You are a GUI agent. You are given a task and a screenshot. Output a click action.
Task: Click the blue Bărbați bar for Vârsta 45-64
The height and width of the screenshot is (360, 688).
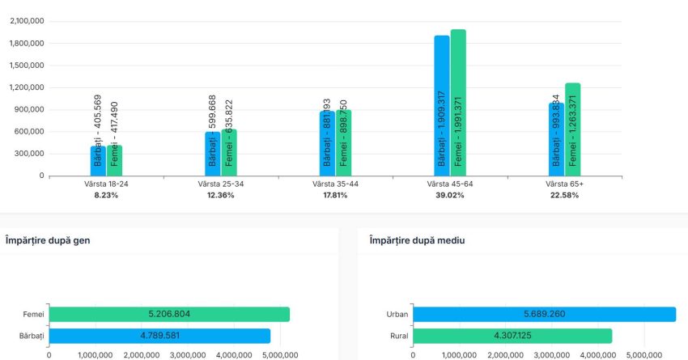coord(441,105)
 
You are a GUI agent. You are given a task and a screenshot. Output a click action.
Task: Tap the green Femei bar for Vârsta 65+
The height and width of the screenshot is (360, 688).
coord(572,129)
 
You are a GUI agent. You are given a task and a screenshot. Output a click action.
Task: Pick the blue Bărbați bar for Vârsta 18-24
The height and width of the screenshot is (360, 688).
coord(98,160)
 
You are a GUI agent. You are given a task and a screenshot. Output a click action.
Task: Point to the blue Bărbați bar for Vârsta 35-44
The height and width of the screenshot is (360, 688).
coord(327,143)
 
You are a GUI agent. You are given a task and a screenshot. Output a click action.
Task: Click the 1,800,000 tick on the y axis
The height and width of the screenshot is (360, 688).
coord(28,44)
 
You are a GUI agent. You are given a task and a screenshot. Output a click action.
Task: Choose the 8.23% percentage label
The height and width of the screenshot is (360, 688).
coord(105,196)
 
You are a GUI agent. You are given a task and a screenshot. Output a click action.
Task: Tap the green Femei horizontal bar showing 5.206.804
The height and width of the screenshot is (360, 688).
coord(169,315)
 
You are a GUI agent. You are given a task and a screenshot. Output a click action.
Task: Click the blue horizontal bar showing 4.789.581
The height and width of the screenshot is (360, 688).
coord(159,336)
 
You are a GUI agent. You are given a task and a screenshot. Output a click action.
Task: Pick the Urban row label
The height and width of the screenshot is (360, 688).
coord(398,315)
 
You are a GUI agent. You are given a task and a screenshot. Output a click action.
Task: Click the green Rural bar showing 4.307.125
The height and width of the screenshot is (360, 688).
coord(512,336)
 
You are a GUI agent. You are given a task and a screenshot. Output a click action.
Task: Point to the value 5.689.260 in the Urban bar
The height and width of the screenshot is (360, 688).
coord(544,315)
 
